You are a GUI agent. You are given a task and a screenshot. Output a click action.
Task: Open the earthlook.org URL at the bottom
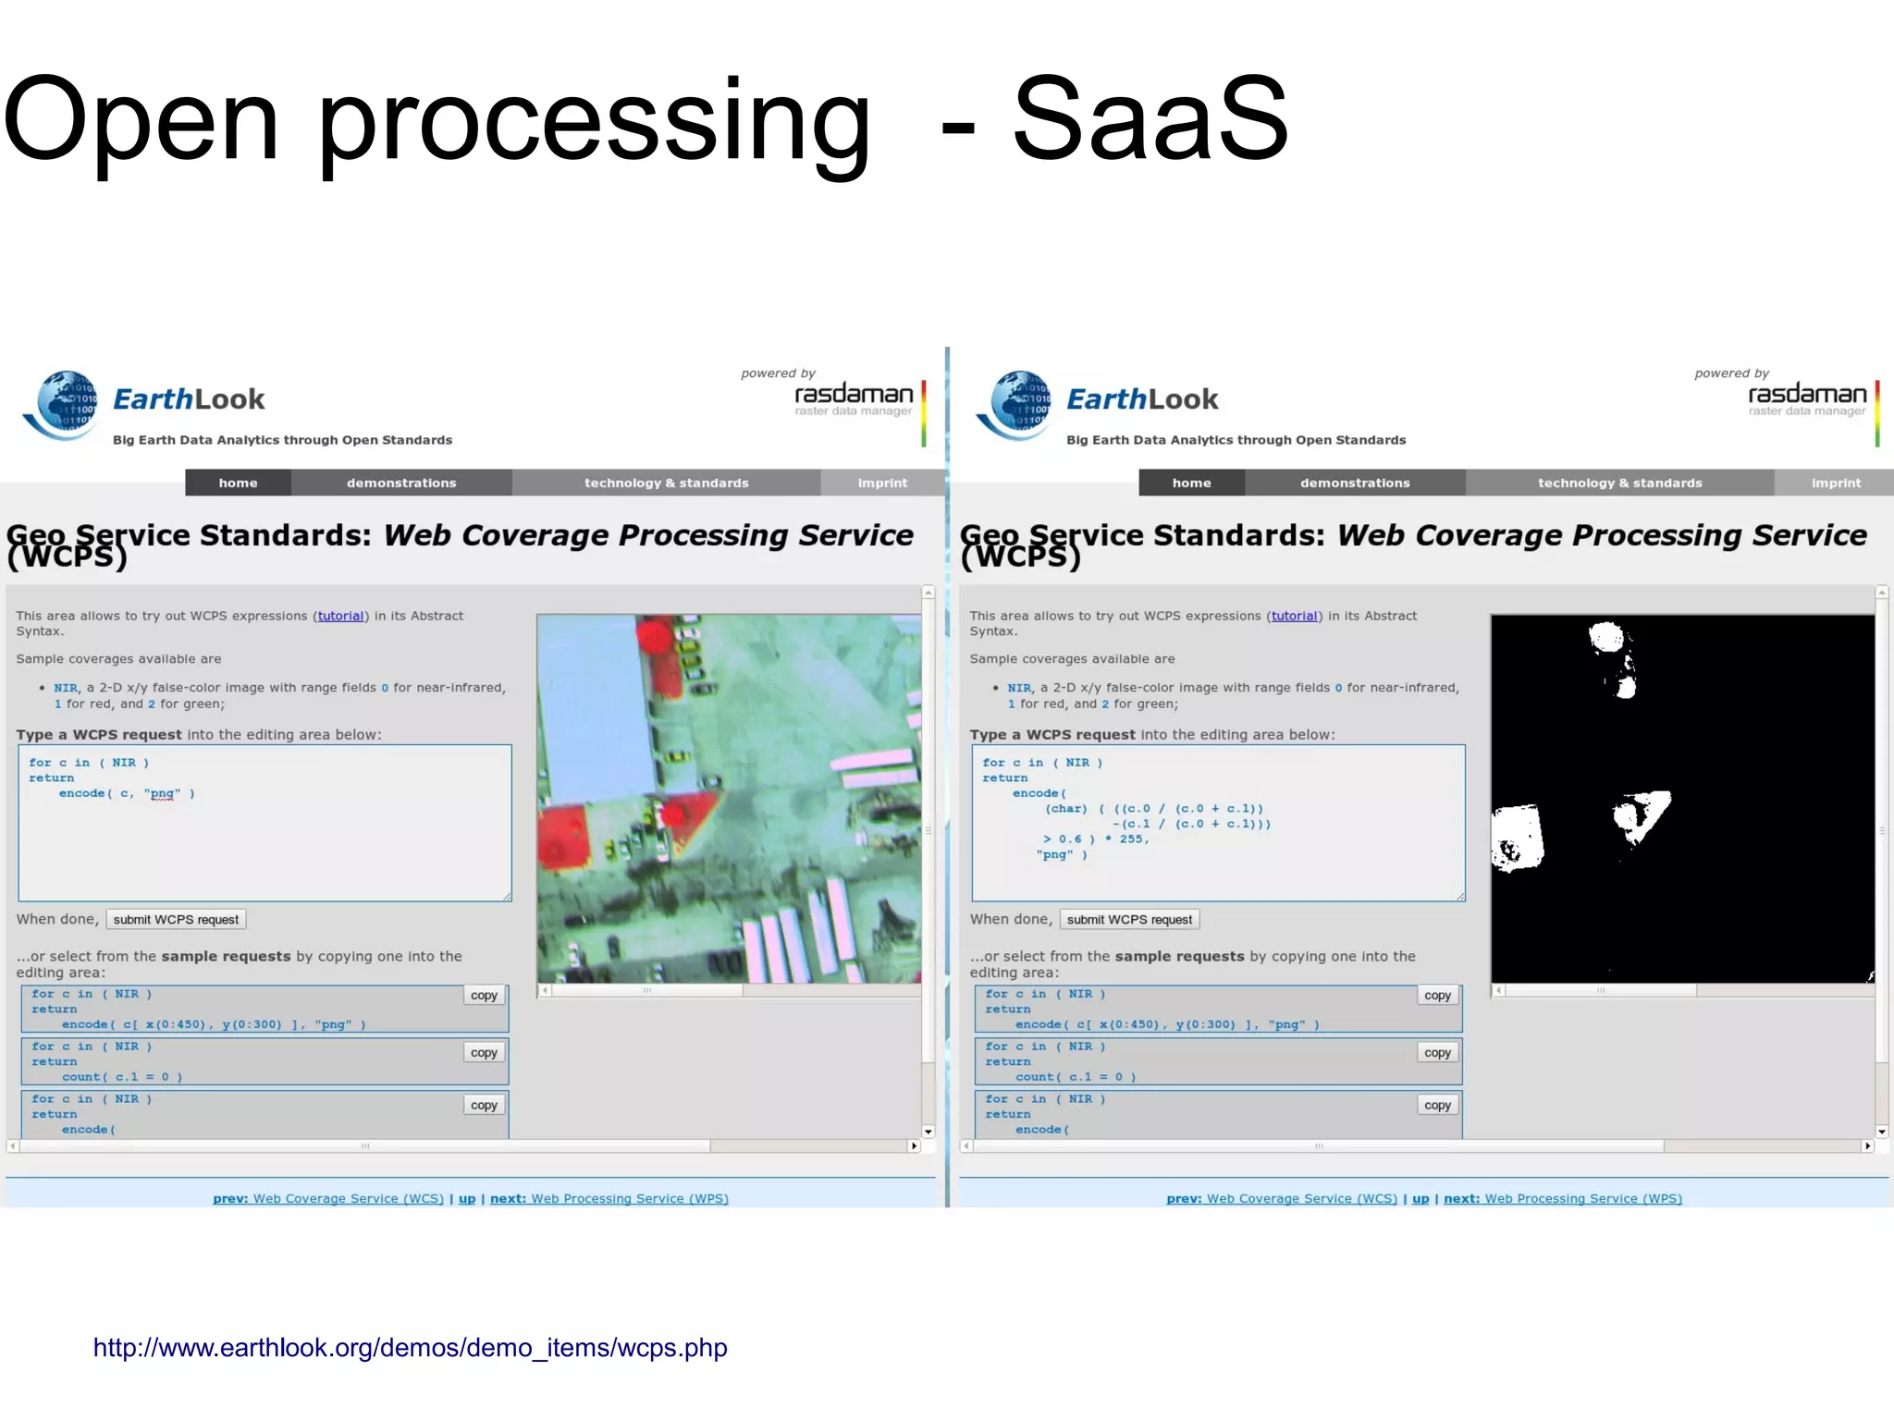(410, 1348)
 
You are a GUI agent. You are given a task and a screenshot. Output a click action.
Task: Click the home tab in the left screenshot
(238, 483)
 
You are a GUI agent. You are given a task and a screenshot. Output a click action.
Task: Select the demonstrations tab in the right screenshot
(1355, 483)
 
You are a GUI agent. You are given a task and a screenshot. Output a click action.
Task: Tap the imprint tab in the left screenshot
(882, 483)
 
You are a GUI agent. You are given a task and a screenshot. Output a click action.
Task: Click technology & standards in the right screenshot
(1619, 483)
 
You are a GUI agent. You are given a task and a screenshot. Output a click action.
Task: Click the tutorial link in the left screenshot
(340, 616)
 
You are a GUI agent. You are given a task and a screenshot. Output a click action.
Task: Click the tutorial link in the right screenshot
(1294, 616)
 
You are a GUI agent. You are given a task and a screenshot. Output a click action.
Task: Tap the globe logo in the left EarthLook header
(63, 405)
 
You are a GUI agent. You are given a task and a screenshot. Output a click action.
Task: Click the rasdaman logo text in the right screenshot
(1806, 395)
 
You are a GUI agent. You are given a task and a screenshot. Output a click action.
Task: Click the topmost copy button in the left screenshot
(484, 996)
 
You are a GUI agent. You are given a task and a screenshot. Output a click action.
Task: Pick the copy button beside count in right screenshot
(1437, 1053)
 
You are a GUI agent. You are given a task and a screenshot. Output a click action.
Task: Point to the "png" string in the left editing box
(163, 793)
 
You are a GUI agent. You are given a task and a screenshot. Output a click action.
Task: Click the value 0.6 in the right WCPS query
(1070, 839)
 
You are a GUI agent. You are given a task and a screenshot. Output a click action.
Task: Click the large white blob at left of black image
(1518, 839)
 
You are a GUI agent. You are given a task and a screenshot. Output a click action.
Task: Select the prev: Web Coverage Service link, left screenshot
(328, 1198)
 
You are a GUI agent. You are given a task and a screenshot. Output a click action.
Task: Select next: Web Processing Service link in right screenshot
(1562, 1198)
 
